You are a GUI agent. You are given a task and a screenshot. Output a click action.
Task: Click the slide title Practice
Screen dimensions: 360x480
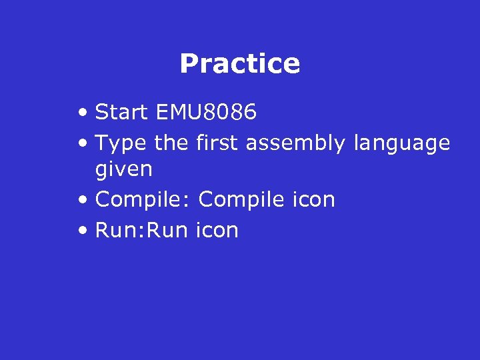click(x=240, y=64)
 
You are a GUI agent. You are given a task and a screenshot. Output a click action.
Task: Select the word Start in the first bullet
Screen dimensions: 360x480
click(x=122, y=112)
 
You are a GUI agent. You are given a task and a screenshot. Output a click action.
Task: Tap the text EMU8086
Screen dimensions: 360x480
click(x=205, y=112)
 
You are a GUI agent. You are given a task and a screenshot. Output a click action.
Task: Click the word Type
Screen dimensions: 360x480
click(x=121, y=143)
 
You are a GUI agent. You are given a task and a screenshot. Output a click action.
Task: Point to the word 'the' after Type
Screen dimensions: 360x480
click(x=172, y=143)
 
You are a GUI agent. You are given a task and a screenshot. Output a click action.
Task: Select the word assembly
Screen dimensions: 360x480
click(x=295, y=144)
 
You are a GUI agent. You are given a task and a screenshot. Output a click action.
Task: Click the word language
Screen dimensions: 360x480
click(x=402, y=144)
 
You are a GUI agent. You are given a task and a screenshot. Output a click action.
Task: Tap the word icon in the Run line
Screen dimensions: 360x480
click(x=217, y=230)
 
